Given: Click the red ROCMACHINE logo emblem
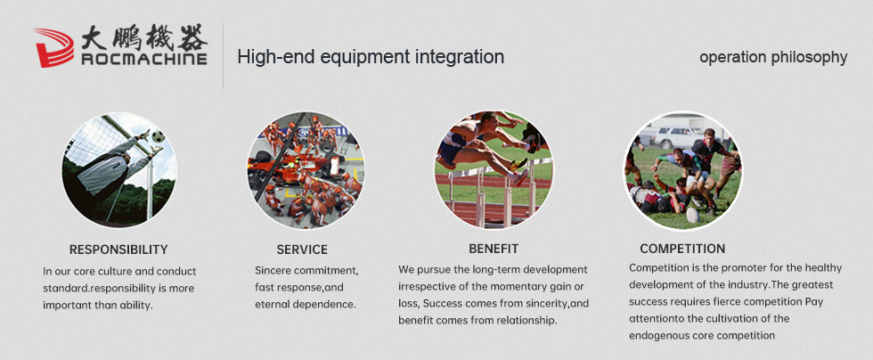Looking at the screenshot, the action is [54, 48].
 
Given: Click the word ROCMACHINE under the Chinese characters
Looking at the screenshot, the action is [144, 59].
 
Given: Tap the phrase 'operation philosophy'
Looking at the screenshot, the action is [773, 57].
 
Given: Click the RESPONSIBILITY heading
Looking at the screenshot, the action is [118, 250].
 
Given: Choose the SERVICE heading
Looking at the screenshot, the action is [302, 250].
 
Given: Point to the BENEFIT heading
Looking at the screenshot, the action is [494, 249].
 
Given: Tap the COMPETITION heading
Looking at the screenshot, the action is [682, 249].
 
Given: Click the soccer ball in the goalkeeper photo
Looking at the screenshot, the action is [159, 136].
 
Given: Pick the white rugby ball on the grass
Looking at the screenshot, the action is [693, 215].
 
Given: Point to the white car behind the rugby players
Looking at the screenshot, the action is [678, 137].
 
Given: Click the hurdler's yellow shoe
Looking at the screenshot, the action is [518, 164].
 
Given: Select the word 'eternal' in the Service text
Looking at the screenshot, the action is [273, 305].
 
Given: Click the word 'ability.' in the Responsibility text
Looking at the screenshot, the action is [135, 306].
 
